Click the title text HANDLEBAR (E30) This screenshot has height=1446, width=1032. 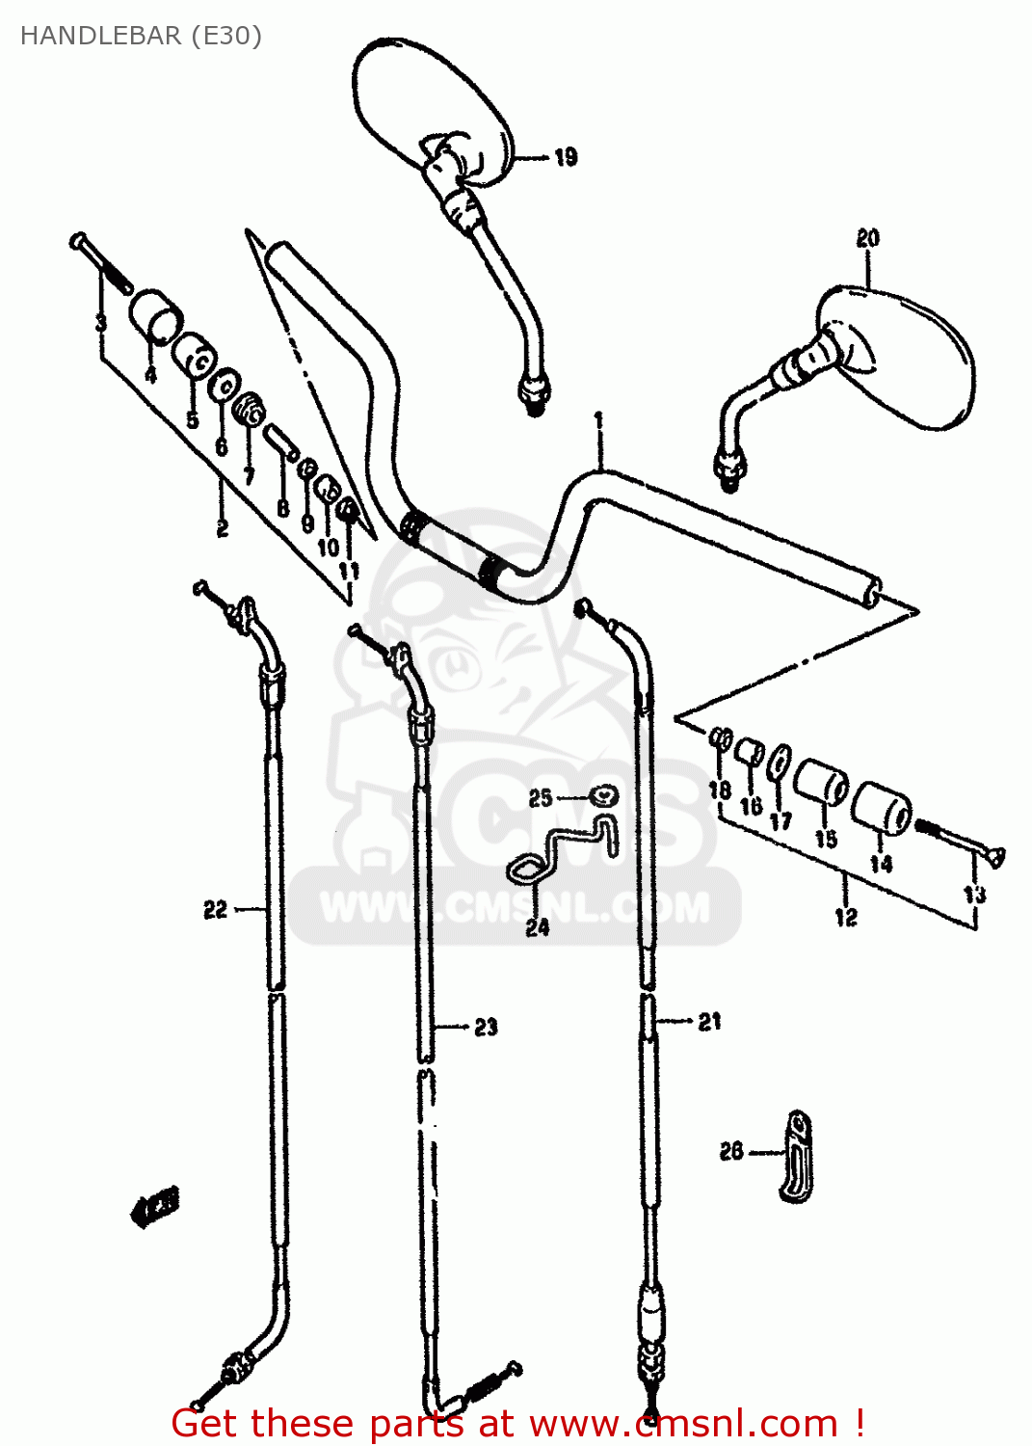coord(141,36)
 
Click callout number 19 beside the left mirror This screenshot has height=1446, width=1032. coord(566,156)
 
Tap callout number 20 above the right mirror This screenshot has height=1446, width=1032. coord(867,238)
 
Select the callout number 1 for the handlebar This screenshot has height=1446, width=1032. coord(598,420)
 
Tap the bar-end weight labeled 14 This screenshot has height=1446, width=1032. coord(882,807)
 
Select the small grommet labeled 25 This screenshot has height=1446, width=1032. coord(603,797)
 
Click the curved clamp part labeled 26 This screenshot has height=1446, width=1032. coord(795,1156)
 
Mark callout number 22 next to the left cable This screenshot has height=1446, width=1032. coord(215,909)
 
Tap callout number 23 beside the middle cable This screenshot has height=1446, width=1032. coord(486,1028)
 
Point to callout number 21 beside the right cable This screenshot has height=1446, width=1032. coord(709,1022)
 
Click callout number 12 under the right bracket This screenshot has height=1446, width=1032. coord(845,917)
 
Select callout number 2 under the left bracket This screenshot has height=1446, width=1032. coord(223,527)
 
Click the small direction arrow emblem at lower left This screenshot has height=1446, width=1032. coord(154,1205)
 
